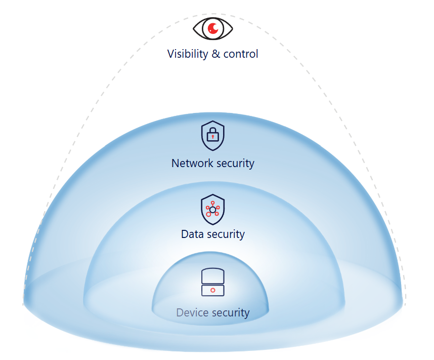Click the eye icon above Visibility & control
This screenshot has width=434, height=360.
[x=213, y=28]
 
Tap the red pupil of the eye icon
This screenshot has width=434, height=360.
[x=213, y=28]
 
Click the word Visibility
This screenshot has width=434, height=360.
[x=187, y=54]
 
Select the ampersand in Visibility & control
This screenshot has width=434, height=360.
[x=215, y=54]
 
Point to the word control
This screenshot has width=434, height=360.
[x=241, y=54]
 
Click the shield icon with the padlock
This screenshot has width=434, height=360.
[x=213, y=136]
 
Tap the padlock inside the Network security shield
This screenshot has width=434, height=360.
[x=213, y=135]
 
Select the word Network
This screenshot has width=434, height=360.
[x=192, y=163]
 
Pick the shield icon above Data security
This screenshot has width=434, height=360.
[x=213, y=209]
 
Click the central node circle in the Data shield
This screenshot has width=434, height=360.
[x=213, y=210]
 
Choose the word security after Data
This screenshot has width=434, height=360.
[x=226, y=235]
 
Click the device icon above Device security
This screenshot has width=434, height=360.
[x=213, y=282]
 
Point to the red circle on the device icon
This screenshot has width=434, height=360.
[x=213, y=290]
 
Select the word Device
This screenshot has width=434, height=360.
[x=192, y=312]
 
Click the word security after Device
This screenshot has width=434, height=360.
[x=231, y=313]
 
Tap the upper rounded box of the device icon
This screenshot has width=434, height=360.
[x=213, y=276]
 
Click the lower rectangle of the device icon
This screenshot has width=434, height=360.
[x=213, y=291]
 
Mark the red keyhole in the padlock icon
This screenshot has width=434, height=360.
[x=213, y=137]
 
